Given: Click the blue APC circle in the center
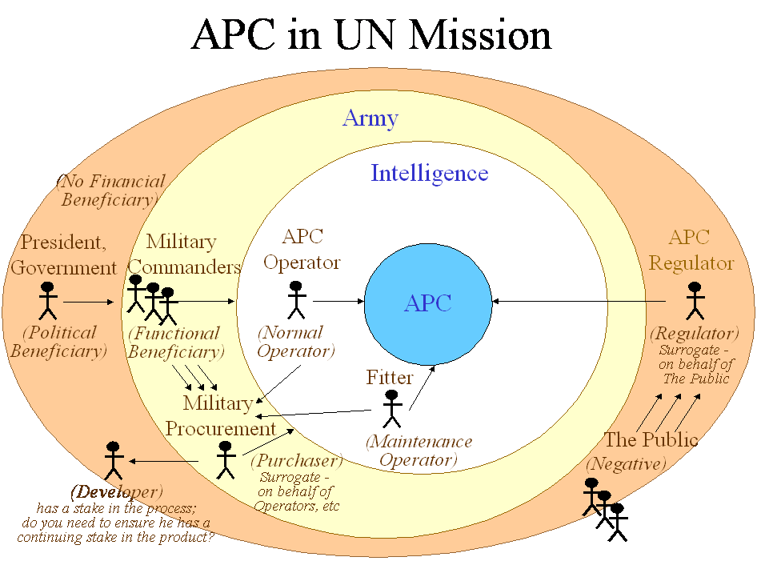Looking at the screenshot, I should tap(428, 304).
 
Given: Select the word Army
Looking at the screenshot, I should tap(370, 119).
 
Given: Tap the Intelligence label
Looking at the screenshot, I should tap(429, 174).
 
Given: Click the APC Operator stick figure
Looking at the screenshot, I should tap(296, 300).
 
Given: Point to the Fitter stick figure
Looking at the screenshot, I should tap(391, 408).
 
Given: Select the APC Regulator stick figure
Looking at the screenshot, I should tap(695, 301).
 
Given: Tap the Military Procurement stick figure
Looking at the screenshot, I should tap(224, 460).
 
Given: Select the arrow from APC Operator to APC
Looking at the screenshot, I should tap(338, 302).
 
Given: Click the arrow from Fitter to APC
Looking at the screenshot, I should tap(423, 387).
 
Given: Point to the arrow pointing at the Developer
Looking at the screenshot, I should tap(164, 461).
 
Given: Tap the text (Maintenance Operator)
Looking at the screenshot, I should tap(419, 451).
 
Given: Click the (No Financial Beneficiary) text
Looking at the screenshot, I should tap(110, 190).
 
